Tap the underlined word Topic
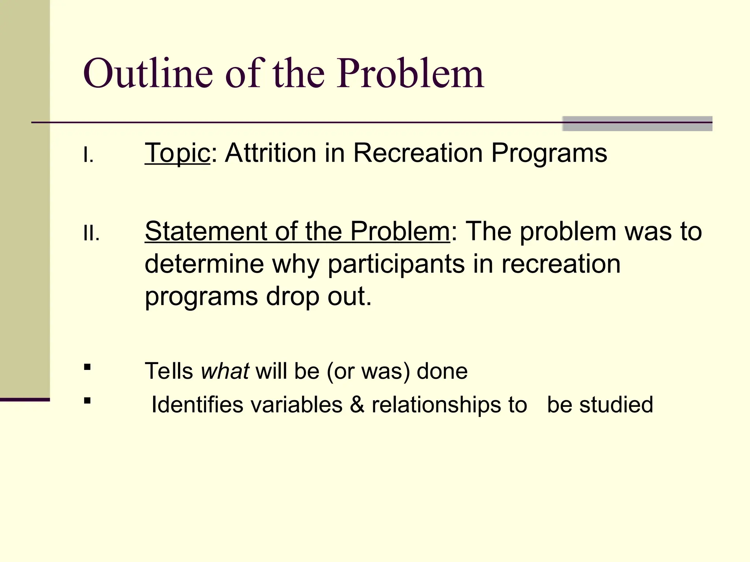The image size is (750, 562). [x=177, y=153]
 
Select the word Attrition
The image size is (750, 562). [x=270, y=153]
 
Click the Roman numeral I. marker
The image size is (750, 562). [x=88, y=156]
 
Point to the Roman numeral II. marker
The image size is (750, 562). [x=91, y=233]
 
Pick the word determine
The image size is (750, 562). [x=204, y=264]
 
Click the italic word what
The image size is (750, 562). [x=225, y=371]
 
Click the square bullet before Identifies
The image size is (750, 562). [x=87, y=401]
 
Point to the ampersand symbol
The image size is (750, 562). [x=357, y=405]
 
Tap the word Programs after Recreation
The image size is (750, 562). [x=549, y=153]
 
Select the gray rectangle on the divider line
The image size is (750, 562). [x=637, y=124]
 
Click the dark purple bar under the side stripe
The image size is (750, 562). [x=25, y=400]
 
